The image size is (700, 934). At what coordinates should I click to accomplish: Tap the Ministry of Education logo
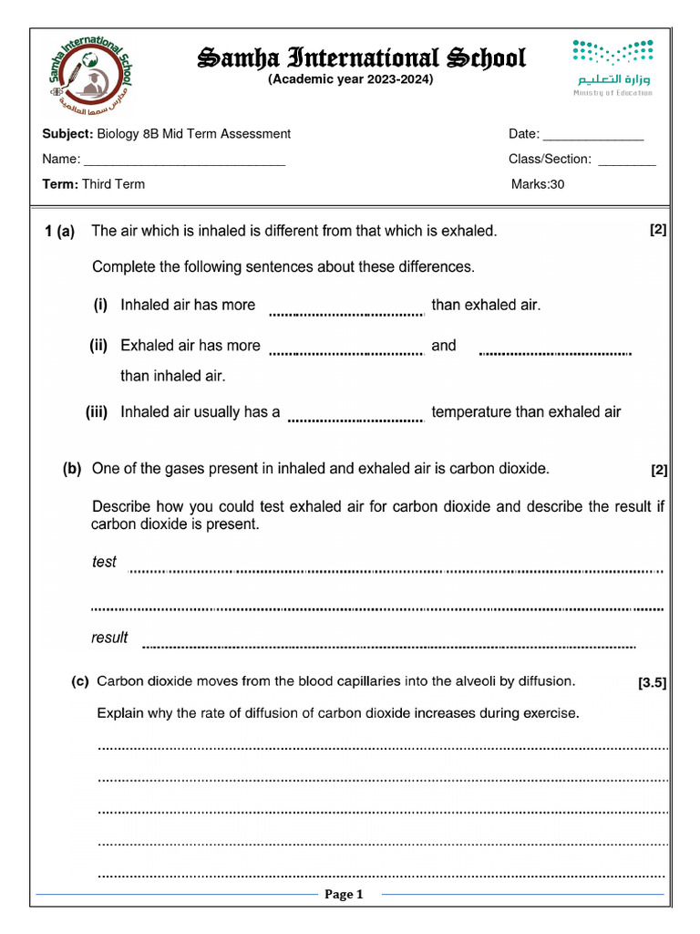tap(612, 67)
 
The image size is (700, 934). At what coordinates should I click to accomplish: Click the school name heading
tap(362, 58)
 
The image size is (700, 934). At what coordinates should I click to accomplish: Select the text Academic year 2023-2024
tap(350, 79)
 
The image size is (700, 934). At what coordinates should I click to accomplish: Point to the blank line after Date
tap(593, 137)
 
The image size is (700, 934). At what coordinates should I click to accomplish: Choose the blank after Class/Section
tap(627, 162)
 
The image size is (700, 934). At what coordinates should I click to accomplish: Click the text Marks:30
tap(538, 184)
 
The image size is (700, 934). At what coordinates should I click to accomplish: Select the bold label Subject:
tap(67, 134)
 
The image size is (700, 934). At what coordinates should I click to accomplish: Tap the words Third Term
tap(113, 184)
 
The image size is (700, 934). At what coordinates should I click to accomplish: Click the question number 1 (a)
tap(59, 232)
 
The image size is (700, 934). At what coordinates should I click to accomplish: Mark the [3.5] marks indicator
tap(653, 682)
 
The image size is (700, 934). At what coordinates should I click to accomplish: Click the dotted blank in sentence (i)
tap(346, 312)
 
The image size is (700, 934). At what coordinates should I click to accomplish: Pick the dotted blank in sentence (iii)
tap(355, 419)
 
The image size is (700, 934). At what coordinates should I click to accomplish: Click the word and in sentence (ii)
tap(444, 346)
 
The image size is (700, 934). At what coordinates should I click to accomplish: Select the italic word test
tap(104, 562)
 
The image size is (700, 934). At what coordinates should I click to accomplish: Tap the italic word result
tap(109, 638)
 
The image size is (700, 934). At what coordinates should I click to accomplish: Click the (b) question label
tap(72, 470)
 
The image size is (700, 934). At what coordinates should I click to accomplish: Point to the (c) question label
tap(80, 681)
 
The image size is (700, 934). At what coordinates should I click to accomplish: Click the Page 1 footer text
tap(344, 895)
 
